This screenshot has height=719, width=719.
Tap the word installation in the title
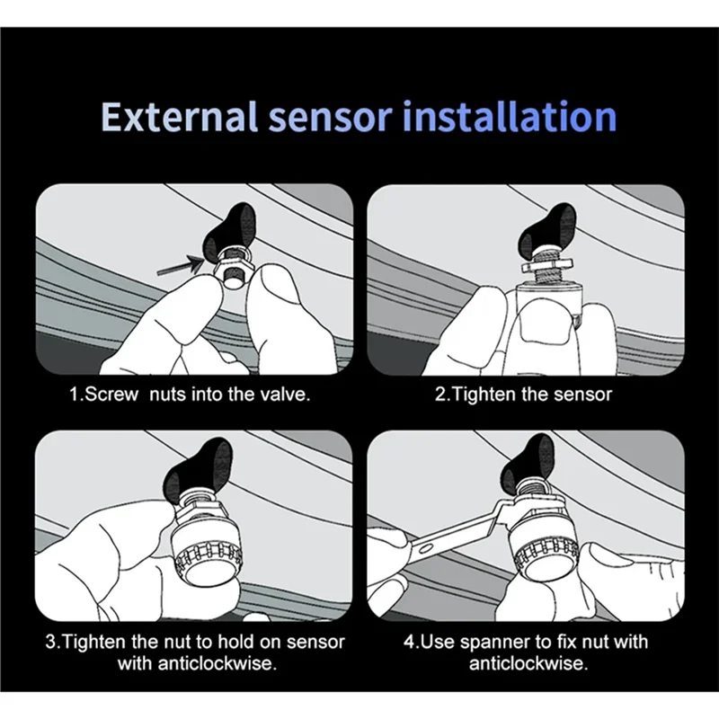[509, 117]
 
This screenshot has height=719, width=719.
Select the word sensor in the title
[330, 120]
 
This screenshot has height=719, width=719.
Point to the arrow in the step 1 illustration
[181, 265]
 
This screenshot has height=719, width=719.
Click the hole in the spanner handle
[426, 547]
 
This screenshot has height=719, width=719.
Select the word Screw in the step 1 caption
[111, 395]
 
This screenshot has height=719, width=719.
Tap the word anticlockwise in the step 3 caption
[217, 663]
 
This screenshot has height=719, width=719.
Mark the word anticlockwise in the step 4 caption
[528, 663]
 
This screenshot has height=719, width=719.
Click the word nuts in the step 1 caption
[167, 395]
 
